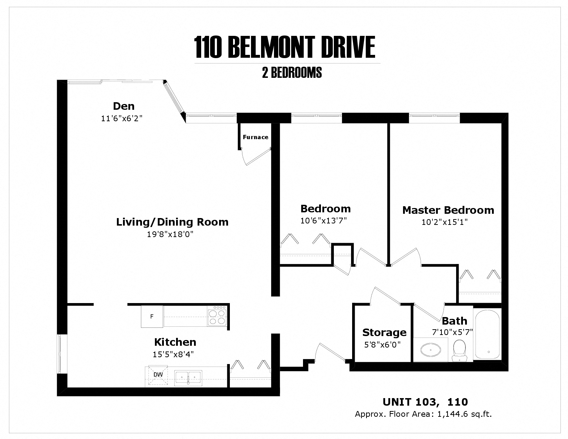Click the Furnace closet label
click(255, 137)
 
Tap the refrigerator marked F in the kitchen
click(152, 316)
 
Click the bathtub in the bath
click(487, 334)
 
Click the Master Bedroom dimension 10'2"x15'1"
click(445, 222)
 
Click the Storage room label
click(384, 332)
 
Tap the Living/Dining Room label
click(172, 222)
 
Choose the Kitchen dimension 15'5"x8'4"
click(173, 354)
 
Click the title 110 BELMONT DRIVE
click(285, 47)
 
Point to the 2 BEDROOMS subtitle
click(292, 73)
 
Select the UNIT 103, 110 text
click(425, 402)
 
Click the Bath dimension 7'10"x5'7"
click(453, 332)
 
